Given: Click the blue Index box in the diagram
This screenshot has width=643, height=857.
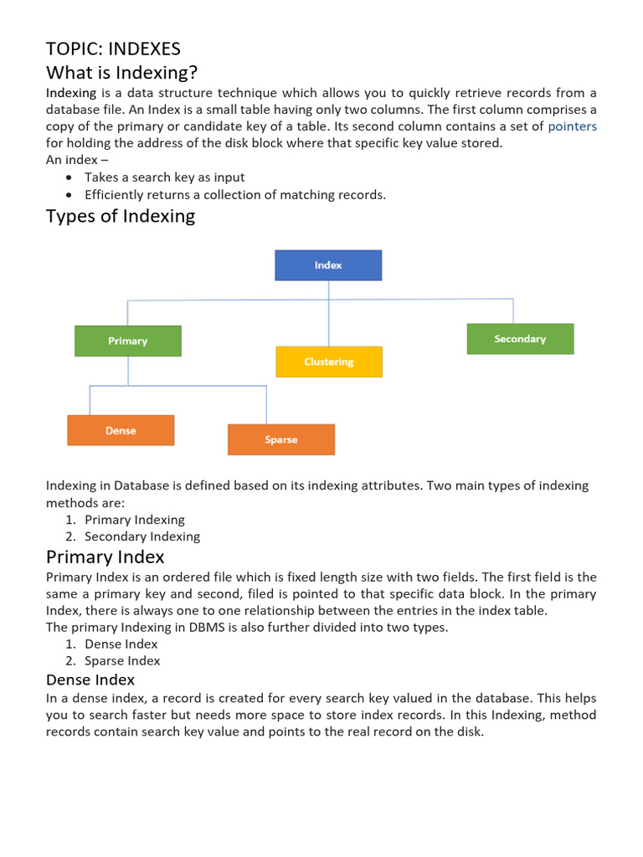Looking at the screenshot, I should point(328,265).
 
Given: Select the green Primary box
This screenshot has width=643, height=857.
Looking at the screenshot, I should point(127,341).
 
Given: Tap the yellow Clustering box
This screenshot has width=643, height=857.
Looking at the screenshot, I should point(329,362).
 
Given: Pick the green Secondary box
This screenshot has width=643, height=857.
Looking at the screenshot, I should point(520,339).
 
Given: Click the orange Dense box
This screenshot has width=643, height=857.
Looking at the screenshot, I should point(121,430).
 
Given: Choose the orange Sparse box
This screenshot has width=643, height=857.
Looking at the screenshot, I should point(281,439).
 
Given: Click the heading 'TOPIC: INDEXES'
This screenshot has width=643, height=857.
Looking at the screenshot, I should point(113,49).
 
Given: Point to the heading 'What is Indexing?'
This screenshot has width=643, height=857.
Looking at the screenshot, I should point(121,72).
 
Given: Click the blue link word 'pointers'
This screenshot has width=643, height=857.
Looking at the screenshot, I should point(572,126).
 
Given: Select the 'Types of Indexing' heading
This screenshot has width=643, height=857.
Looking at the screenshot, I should point(121,216).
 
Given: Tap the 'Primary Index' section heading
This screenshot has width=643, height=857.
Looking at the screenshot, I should point(105,557).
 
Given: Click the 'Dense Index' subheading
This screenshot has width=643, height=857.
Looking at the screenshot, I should point(90,680).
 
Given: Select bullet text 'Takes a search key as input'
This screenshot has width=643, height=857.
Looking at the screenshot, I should point(164,177).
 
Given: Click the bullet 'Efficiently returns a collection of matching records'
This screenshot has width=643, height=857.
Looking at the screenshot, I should point(234,195).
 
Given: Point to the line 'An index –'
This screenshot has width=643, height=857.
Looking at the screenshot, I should point(77,160).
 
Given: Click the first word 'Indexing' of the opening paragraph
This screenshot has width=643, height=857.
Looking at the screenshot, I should point(71,93).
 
